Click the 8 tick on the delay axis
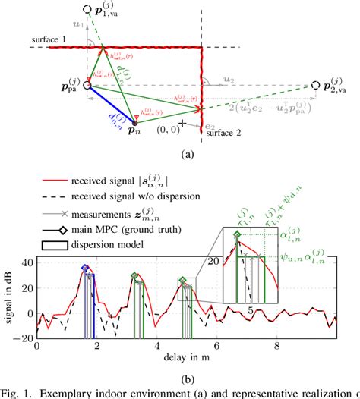(278, 347)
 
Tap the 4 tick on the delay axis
(157, 347)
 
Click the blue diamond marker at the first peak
(85, 269)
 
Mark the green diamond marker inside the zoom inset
(238, 236)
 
